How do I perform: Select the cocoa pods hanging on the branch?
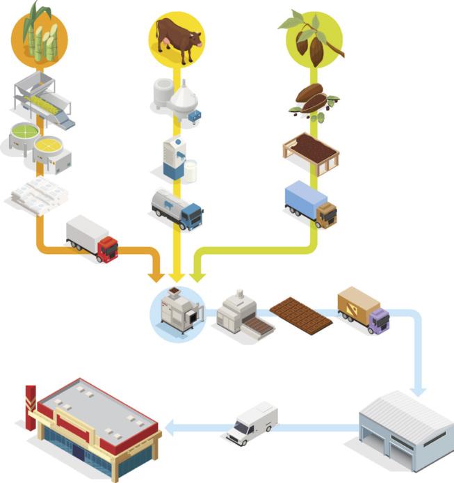click(x=310, y=45)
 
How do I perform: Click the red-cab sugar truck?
click(x=92, y=239)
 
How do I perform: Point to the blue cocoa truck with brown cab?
click(x=310, y=203)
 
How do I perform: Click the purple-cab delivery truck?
click(x=363, y=310)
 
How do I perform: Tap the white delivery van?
click(x=252, y=422)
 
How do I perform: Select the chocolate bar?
click(x=301, y=315)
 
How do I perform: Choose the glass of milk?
click(x=190, y=171)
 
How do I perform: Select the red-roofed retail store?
click(x=94, y=424)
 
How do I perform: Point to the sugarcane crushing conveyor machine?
click(x=42, y=102)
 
